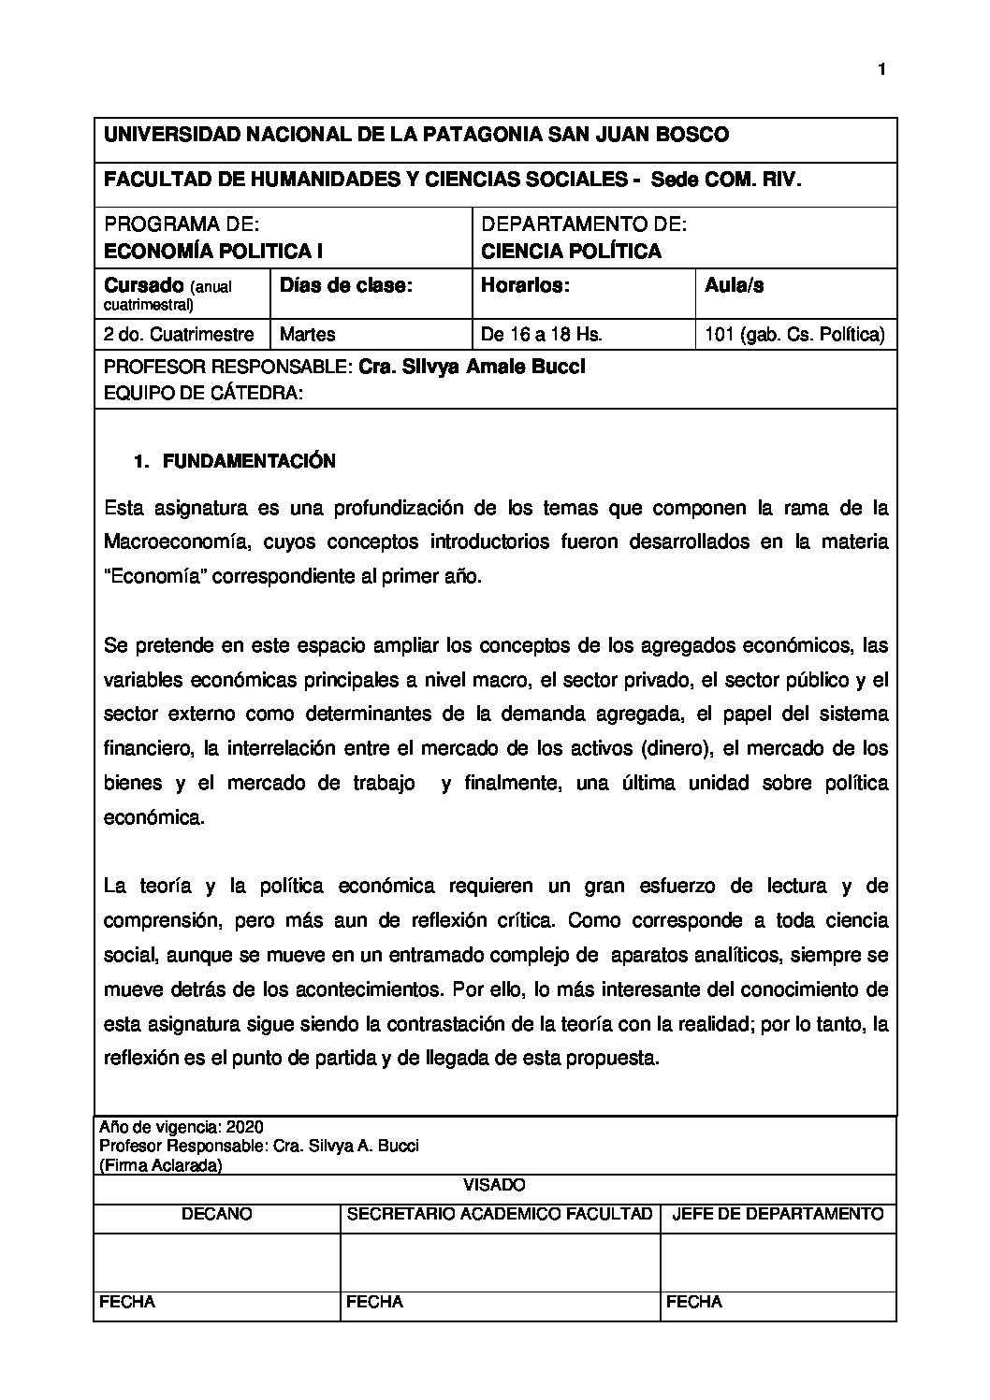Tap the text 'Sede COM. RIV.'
(x=726, y=180)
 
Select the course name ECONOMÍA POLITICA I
(x=207, y=251)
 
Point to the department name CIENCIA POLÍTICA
(x=571, y=251)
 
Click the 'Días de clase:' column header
(x=346, y=286)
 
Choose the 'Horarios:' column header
(x=525, y=286)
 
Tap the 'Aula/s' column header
(x=734, y=286)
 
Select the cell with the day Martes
(x=308, y=334)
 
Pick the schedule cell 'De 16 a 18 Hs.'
(x=541, y=334)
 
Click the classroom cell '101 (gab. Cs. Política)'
(x=794, y=334)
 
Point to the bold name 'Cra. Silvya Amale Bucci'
(x=472, y=367)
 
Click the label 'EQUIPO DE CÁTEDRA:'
(x=203, y=395)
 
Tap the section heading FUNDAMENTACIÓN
(x=249, y=461)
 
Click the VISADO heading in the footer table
(x=495, y=1185)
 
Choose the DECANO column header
(x=216, y=1214)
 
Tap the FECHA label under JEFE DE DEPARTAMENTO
(x=694, y=1302)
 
